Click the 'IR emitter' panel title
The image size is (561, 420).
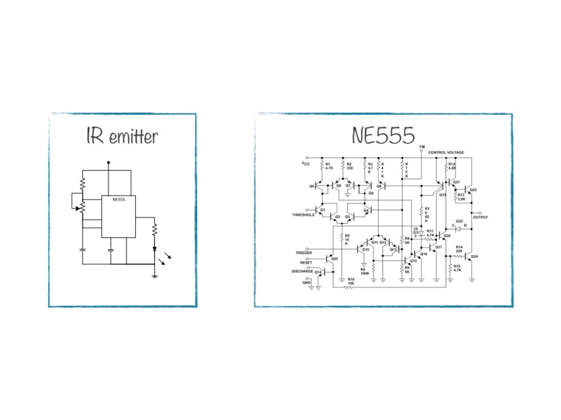tap(122, 137)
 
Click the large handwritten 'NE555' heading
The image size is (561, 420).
tap(384, 135)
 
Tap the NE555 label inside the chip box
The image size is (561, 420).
tap(119, 200)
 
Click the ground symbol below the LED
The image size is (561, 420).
tap(155, 275)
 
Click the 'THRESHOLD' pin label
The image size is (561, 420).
tap(304, 215)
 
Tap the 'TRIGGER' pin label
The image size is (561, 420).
tap(303, 253)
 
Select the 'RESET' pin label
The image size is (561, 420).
tap(306, 262)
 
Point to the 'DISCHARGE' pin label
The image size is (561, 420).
tap(302, 271)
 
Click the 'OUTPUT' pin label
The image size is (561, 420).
tap(481, 217)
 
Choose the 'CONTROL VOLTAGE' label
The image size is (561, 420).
tap(446, 153)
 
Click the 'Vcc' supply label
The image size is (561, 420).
tap(306, 164)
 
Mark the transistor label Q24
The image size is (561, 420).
tap(475, 257)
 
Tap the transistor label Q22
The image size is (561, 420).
tap(473, 190)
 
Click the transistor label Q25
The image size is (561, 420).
tap(334, 258)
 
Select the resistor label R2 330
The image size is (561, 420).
tap(349, 166)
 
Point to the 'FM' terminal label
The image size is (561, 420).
tap(422, 147)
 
